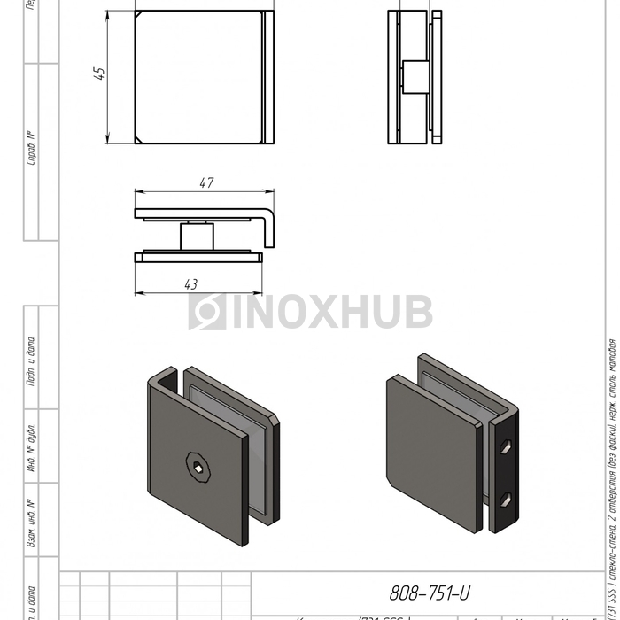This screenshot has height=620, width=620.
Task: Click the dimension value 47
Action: point(205,183)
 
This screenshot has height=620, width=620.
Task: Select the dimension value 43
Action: point(190,283)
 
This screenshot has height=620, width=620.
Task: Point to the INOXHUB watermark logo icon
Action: point(207,312)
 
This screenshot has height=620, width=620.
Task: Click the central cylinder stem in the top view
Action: point(196,237)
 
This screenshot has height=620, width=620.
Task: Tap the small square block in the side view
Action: point(413,76)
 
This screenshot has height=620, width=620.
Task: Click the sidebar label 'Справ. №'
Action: point(31,148)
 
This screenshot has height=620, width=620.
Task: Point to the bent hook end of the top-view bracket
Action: point(270,226)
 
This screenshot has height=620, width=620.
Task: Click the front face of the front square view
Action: point(198,77)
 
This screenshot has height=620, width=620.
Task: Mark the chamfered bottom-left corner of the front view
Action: point(140,140)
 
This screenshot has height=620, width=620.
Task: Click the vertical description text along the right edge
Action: point(611,469)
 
